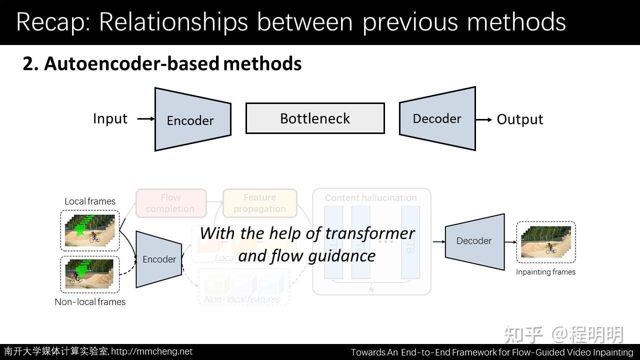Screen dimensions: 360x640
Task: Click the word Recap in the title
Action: pos(52,22)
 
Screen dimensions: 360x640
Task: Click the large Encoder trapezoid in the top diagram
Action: pos(192,119)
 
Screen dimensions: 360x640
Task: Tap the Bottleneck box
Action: pos(315,118)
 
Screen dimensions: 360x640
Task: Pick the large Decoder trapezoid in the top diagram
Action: pos(437,118)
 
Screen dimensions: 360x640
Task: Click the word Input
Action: pos(110,118)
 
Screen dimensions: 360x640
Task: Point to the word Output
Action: pos(519,119)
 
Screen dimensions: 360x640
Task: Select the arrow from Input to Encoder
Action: pos(145,119)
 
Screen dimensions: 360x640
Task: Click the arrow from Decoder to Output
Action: pos(484,119)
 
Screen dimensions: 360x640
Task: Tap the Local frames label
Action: pos(90,201)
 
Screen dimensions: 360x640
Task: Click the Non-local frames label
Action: pos(90,302)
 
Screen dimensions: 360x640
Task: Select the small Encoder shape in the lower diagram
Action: pos(159,259)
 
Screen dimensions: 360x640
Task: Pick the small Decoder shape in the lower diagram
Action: pos(474,241)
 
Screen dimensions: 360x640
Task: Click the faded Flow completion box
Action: pos(170,203)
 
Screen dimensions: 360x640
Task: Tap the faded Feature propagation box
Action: pos(259,203)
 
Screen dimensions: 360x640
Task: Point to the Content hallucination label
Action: pos(370,198)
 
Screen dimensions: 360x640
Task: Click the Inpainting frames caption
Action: pos(545,272)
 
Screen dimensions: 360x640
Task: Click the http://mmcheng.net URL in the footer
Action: pos(151,351)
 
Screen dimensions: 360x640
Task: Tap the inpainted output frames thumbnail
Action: pos(545,242)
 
